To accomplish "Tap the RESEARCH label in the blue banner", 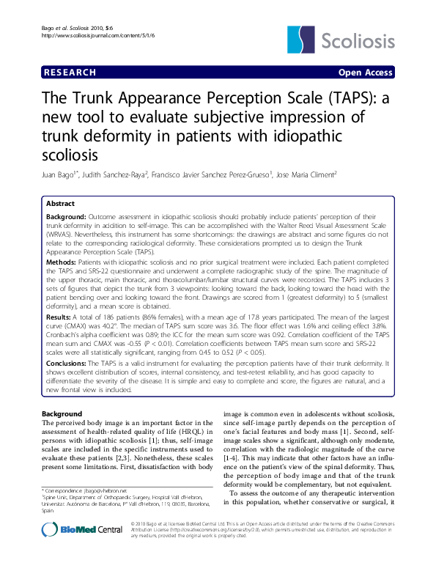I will pos(70,73).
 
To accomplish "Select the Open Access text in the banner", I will pos(365,73).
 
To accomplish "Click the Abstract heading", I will pos(60,203).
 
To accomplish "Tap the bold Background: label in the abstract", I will pos(66,218).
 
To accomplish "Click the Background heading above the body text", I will pos(62,415).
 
